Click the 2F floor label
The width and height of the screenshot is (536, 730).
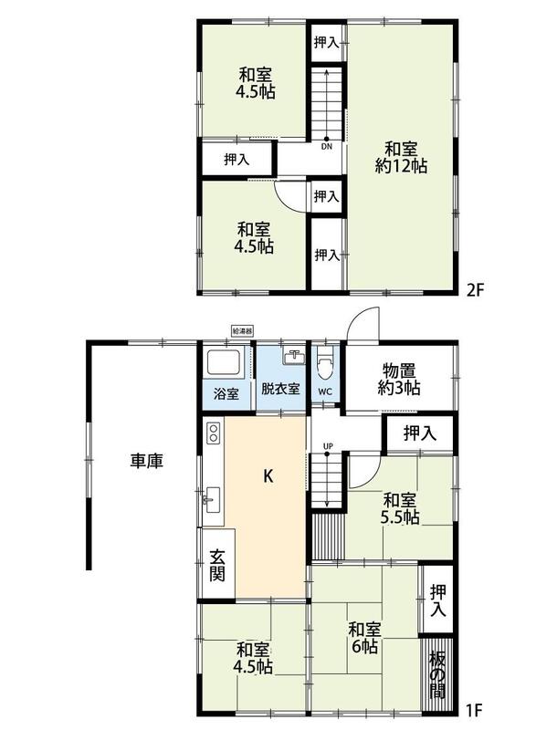(476, 290)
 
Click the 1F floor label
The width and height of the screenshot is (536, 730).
(474, 711)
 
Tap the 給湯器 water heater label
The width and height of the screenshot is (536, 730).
(243, 331)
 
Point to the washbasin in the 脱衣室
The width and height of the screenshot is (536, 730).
(294, 357)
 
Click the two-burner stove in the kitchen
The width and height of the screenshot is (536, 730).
(214, 432)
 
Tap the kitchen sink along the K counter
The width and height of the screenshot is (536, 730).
(213, 500)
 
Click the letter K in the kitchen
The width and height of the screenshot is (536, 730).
(268, 475)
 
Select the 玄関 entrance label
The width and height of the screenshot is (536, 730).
(217, 565)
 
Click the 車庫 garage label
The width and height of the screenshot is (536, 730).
(146, 461)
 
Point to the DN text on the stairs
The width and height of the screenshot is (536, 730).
(327, 147)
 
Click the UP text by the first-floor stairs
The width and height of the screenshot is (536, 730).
(328, 446)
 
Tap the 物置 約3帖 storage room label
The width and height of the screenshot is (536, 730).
(399, 380)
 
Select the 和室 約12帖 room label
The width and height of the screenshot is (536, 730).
(401, 158)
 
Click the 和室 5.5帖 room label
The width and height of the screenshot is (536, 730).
(400, 509)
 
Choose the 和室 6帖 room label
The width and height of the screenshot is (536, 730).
(364, 638)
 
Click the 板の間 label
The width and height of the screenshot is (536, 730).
(437, 674)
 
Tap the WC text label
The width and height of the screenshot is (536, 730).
(325, 391)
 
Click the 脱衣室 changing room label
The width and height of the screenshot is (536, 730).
(280, 389)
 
